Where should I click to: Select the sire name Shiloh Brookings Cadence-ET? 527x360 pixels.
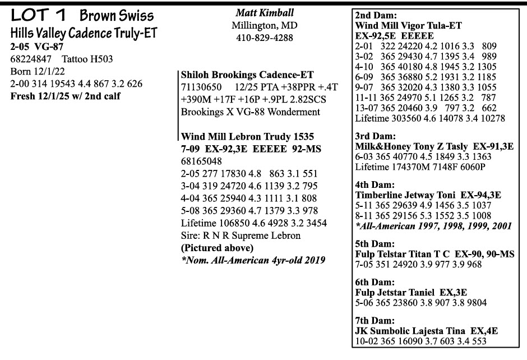coord(247,75)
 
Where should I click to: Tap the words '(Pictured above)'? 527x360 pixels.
coord(216,248)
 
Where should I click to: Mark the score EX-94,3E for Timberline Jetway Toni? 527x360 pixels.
coord(481,195)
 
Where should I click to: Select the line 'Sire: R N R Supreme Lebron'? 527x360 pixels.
coord(241,236)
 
